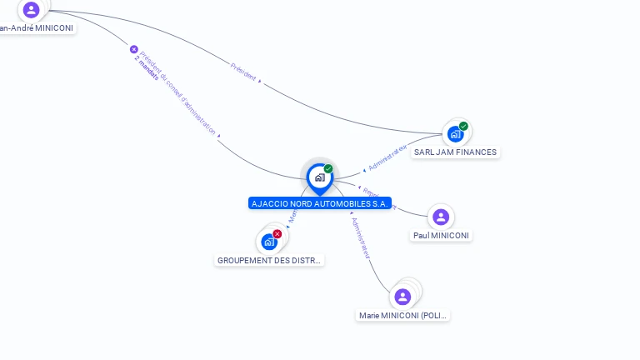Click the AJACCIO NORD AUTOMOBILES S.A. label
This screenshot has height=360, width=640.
[320, 203]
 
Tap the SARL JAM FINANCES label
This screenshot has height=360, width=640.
[455, 152]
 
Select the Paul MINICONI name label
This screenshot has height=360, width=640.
[441, 236]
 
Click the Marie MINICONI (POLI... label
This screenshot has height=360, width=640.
[403, 316]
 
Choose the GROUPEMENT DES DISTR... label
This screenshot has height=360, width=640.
[269, 260]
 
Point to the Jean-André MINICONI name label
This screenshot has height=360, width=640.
[37, 27]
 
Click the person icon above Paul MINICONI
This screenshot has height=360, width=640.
[441, 217]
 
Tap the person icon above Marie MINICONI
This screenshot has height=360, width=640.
[402, 297]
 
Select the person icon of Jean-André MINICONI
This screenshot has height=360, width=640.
[31, 10]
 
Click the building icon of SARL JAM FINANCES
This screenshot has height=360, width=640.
[455, 133]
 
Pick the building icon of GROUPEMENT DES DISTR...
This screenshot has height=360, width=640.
[268, 242]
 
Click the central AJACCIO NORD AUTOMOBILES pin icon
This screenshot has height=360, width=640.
[319, 177]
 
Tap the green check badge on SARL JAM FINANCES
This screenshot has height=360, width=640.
[463, 127]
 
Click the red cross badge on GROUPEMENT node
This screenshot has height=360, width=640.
[277, 234]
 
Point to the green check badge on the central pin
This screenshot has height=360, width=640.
[328, 169]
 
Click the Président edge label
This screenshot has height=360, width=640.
[243, 71]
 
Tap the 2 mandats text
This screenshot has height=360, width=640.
[146, 71]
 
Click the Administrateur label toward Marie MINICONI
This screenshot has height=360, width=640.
[360, 238]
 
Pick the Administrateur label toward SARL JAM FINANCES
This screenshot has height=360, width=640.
[387, 157]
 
